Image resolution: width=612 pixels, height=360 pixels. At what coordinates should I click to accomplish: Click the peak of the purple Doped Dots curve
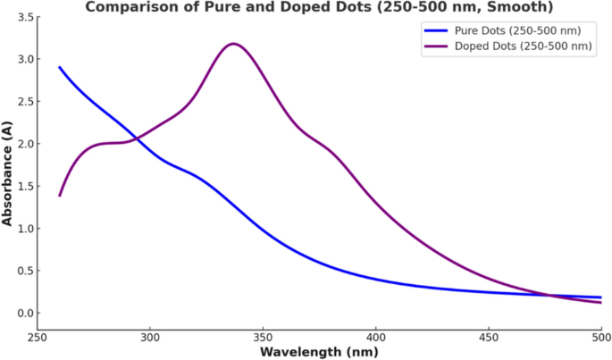click(x=234, y=43)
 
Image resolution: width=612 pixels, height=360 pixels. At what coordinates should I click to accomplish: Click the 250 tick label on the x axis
click(x=37, y=338)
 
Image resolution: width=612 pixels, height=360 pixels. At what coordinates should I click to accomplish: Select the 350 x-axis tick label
click(x=263, y=338)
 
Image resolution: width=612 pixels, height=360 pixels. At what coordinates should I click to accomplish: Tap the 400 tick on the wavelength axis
click(x=375, y=338)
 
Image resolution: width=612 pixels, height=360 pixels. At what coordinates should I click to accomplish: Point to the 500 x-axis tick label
click(x=600, y=338)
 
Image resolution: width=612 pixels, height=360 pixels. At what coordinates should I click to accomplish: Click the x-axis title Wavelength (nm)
click(x=319, y=352)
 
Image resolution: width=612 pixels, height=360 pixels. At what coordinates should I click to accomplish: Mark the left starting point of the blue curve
click(x=60, y=67)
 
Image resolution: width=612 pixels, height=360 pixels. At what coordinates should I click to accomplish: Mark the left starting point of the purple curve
click(x=60, y=196)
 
